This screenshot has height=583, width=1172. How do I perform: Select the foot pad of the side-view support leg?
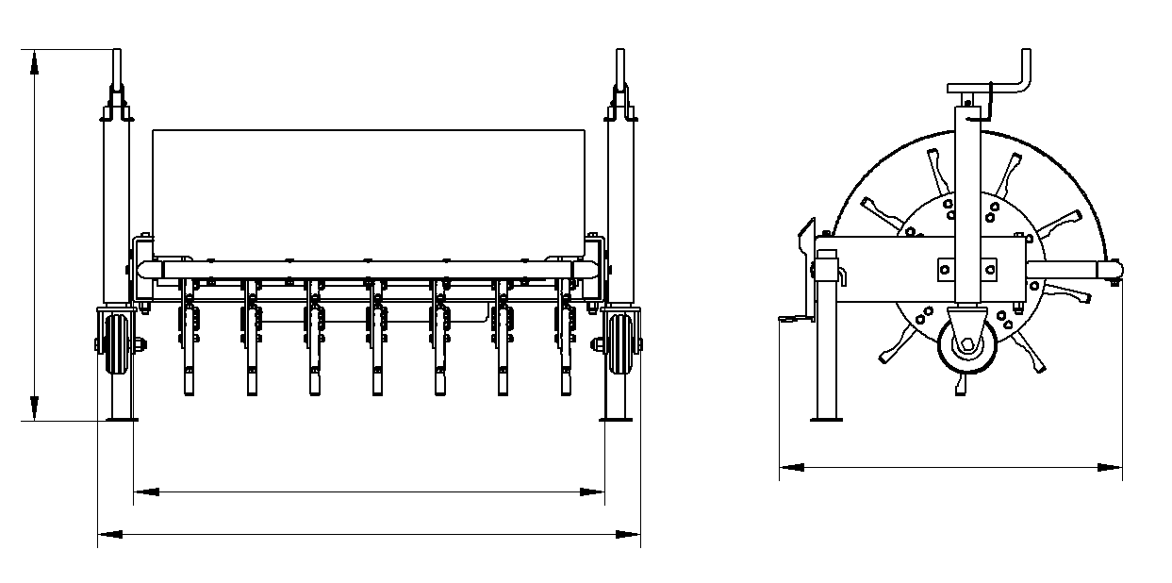(827, 418)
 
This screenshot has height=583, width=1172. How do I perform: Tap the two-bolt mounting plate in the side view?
(966, 269)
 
